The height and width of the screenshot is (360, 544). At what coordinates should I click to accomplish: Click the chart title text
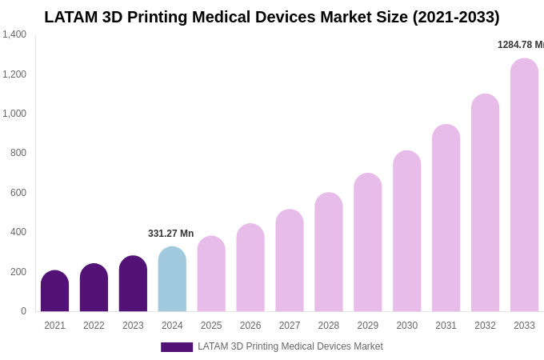[272, 17]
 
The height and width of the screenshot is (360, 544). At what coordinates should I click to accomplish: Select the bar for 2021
[54, 292]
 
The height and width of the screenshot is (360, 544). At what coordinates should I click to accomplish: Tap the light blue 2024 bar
[172, 280]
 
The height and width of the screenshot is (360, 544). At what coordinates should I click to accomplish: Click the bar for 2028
[328, 253]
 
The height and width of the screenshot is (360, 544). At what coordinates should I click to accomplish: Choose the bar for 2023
[133, 285]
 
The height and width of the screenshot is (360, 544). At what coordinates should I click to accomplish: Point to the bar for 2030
[406, 232]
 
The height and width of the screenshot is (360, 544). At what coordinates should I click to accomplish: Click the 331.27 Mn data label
[170, 234]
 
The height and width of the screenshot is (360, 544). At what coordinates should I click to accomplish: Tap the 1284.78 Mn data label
[520, 45]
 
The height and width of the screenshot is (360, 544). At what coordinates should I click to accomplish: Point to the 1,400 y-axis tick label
[14, 34]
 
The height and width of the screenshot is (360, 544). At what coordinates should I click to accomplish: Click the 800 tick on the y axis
[18, 153]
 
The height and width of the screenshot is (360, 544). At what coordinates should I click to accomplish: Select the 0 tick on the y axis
[23, 311]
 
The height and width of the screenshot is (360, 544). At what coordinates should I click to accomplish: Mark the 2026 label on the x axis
[250, 326]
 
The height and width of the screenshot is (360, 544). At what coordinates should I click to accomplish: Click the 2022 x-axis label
[94, 326]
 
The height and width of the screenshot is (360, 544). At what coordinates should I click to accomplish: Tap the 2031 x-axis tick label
[446, 326]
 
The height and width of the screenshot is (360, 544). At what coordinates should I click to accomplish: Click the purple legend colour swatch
[177, 347]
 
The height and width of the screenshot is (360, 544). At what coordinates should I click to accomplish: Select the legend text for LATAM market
[290, 346]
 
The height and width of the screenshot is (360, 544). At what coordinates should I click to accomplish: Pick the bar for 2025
[211, 274]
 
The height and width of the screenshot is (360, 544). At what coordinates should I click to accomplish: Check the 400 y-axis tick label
[18, 232]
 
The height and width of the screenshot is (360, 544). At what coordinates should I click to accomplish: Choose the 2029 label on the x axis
[367, 326]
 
